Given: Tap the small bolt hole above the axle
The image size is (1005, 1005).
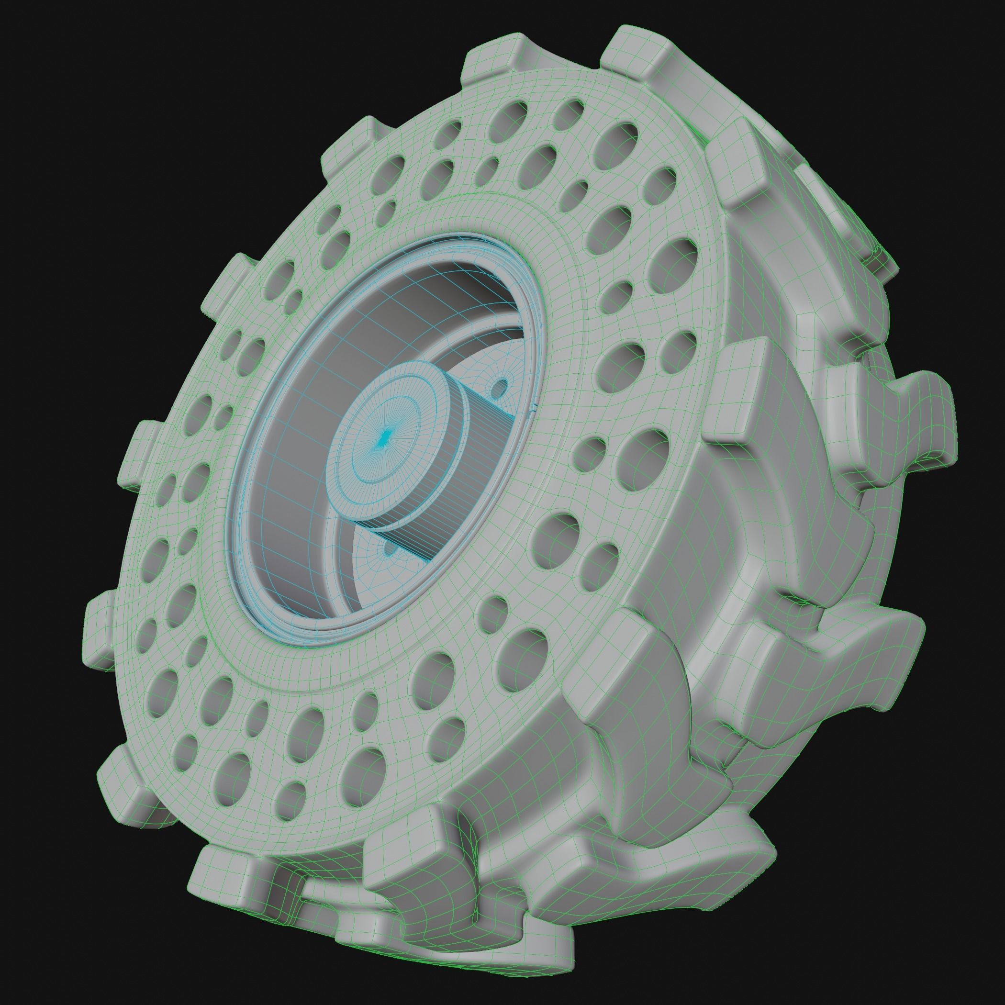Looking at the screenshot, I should (501, 387).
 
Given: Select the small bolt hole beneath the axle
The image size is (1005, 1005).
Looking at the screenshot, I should (389, 548).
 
